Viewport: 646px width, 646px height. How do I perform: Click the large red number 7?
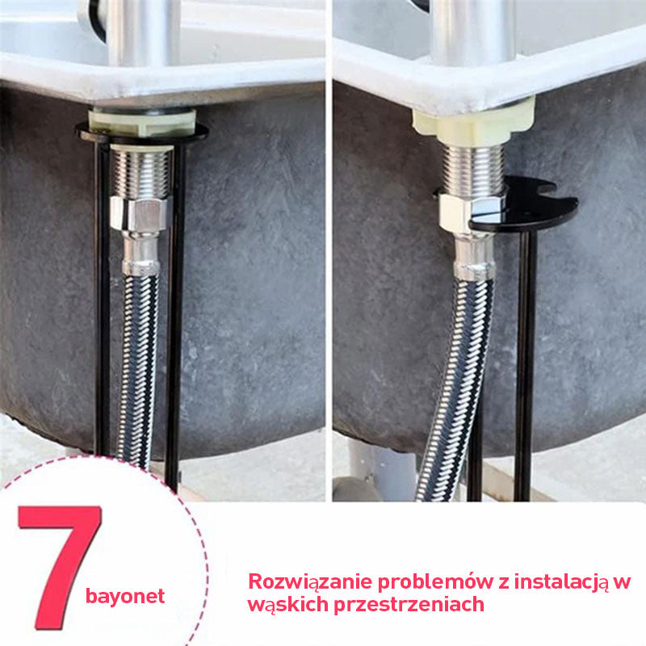click(x=62, y=564)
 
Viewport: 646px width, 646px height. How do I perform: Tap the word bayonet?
click(x=125, y=597)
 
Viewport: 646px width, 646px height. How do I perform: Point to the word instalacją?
click(x=561, y=582)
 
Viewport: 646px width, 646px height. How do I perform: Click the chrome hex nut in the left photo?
click(x=140, y=213)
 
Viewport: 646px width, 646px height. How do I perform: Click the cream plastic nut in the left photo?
click(x=142, y=123)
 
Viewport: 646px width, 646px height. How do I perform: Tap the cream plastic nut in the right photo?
click(x=474, y=122)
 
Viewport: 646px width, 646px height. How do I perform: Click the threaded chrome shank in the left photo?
click(x=142, y=173)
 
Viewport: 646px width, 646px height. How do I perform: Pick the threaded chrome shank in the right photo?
click(x=474, y=169)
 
